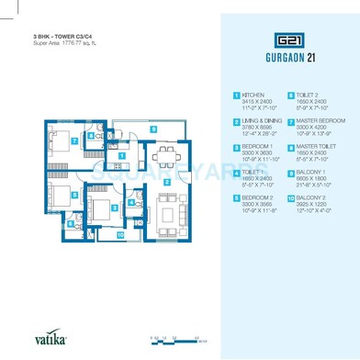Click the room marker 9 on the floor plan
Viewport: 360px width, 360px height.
pyautogui.click(x=153, y=129)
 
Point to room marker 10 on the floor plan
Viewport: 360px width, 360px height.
pyautogui.click(x=119, y=234)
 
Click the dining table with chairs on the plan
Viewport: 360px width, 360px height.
pyautogui.click(x=165, y=154)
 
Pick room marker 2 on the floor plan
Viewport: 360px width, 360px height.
pyautogui.click(x=166, y=180)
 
